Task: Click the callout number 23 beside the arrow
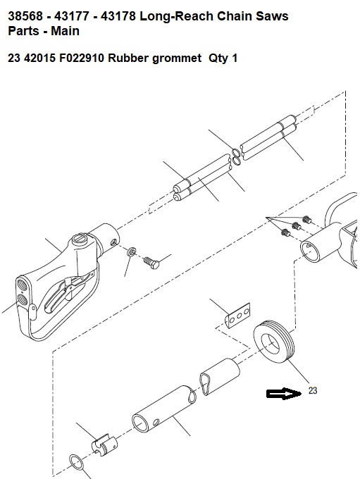pos(313,390)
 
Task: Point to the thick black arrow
pos(283,394)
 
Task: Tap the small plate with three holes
pos(238,316)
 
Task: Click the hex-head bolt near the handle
pos(151,263)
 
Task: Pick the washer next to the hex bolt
pos(132,251)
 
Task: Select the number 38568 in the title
pos(25,16)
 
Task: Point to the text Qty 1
pos(223,58)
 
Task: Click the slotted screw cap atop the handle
pos(81,240)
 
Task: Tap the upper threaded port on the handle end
pos(23,283)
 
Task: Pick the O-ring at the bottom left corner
pos(77,463)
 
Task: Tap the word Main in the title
pos(65,30)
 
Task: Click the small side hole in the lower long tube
pos(156,423)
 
